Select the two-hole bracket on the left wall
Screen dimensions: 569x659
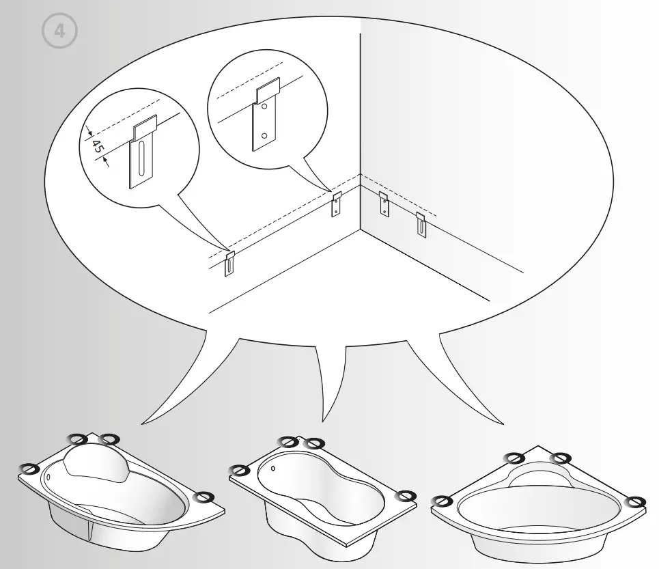pyautogui.click(x=337, y=204)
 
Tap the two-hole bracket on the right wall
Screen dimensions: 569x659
pyautogui.click(x=384, y=204)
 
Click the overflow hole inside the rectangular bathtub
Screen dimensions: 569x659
pyautogui.click(x=273, y=469)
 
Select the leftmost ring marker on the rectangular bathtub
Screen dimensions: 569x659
pyautogui.click(x=239, y=470)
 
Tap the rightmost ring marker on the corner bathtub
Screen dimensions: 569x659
pyautogui.click(x=636, y=502)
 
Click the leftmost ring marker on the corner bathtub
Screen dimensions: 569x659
pyautogui.click(x=443, y=501)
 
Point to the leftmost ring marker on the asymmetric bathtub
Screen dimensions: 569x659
pyautogui.click(x=29, y=469)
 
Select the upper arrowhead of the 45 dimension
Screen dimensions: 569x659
pyautogui.click(x=89, y=135)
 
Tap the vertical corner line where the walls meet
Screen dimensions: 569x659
pyautogui.click(x=360, y=123)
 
